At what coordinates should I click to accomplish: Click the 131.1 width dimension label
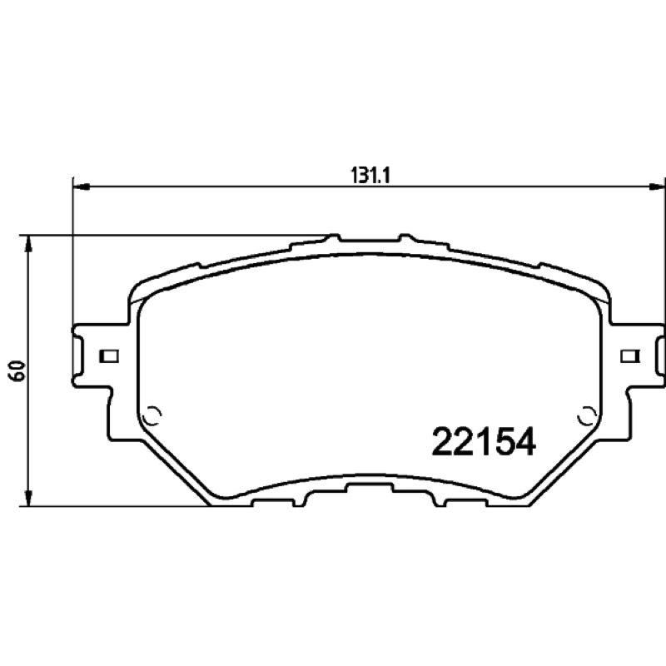[x=369, y=176]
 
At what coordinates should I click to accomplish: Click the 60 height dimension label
[x=19, y=370]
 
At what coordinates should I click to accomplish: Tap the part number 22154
[x=484, y=442]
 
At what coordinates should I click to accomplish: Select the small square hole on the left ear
[x=109, y=356]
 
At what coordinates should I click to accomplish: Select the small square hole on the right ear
[x=630, y=356]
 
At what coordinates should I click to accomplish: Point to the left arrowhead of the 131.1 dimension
[x=82, y=186]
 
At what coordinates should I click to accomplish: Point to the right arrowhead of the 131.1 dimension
[x=656, y=186]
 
